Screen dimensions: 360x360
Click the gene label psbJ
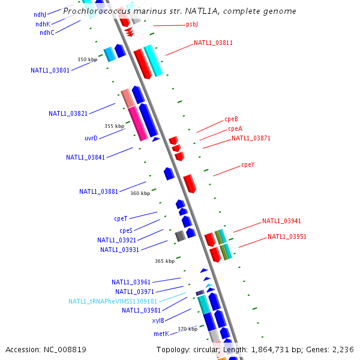192,24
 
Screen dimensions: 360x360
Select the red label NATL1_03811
213,43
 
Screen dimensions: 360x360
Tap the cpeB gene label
231,119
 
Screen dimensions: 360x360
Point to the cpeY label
248,165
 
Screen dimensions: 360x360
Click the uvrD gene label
91,138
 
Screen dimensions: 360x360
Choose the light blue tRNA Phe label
113,301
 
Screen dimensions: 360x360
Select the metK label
161,334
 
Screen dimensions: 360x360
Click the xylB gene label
158,320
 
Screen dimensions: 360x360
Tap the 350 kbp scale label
87,59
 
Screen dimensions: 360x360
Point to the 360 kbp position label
140,193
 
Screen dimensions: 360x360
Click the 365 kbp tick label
164,261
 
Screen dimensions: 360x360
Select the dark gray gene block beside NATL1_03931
180,236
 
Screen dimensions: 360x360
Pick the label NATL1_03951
287,236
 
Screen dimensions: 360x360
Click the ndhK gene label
43,24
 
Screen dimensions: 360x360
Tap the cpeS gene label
126,230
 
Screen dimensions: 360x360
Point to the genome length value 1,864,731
270,350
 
